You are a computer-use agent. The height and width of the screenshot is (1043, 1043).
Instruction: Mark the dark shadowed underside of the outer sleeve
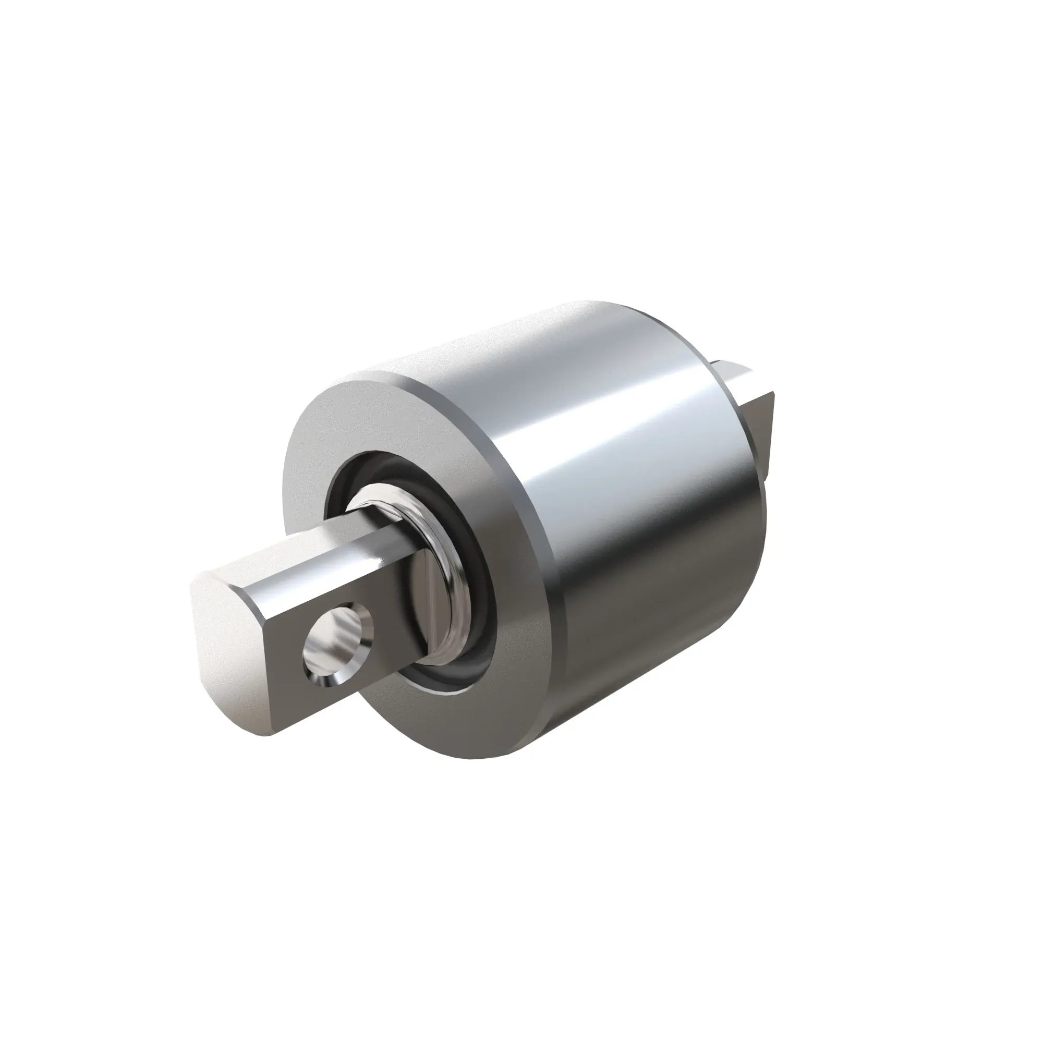(648, 675)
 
